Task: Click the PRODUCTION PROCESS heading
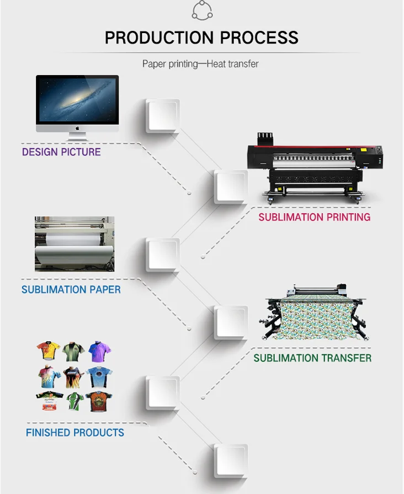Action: click(x=201, y=38)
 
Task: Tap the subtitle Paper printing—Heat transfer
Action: click(x=200, y=64)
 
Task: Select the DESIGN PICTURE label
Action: click(x=61, y=151)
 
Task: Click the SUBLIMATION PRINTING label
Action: click(x=314, y=217)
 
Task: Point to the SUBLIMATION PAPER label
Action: click(x=71, y=289)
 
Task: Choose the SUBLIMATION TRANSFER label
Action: click(x=312, y=358)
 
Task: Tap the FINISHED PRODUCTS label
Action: click(x=75, y=433)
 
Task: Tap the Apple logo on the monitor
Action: click(x=77, y=128)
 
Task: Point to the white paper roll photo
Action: click(x=75, y=244)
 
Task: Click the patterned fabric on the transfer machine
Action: click(x=314, y=322)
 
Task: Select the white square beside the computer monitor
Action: click(x=163, y=116)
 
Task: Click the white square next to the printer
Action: click(x=231, y=186)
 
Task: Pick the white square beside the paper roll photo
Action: click(x=163, y=254)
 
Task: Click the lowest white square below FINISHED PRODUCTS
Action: click(x=231, y=460)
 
